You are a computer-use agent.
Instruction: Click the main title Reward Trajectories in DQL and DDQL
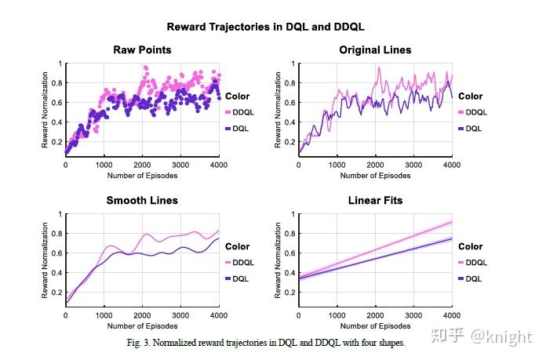pyautogui.click(x=266, y=27)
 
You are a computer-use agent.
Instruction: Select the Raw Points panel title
pyautogui.click(x=142, y=50)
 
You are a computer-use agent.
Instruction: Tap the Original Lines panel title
pyautogui.click(x=375, y=50)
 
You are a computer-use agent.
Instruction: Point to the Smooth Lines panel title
pyautogui.click(x=142, y=201)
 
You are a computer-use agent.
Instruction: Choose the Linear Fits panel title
pyautogui.click(x=375, y=201)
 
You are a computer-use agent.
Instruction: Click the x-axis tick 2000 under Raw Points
pyautogui.click(x=142, y=165)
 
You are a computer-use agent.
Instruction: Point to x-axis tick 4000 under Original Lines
pyautogui.click(x=452, y=165)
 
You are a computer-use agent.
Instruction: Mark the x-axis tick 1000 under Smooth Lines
pyautogui.click(x=104, y=316)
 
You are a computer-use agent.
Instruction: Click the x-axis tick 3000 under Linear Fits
pyautogui.click(x=413, y=316)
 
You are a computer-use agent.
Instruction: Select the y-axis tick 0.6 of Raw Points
pyautogui.click(x=59, y=102)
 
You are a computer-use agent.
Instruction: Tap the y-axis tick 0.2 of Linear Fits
pyautogui.click(x=292, y=292)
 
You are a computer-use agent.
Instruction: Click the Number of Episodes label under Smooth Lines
pyautogui.click(x=142, y=325)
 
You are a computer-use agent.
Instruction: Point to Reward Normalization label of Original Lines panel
pyautogui.click(x=278, y=110)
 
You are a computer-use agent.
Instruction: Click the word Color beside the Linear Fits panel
pyautogui.click(x=471, y=246)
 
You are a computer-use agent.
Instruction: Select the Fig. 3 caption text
pyautogui.click(x=266, y=343)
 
